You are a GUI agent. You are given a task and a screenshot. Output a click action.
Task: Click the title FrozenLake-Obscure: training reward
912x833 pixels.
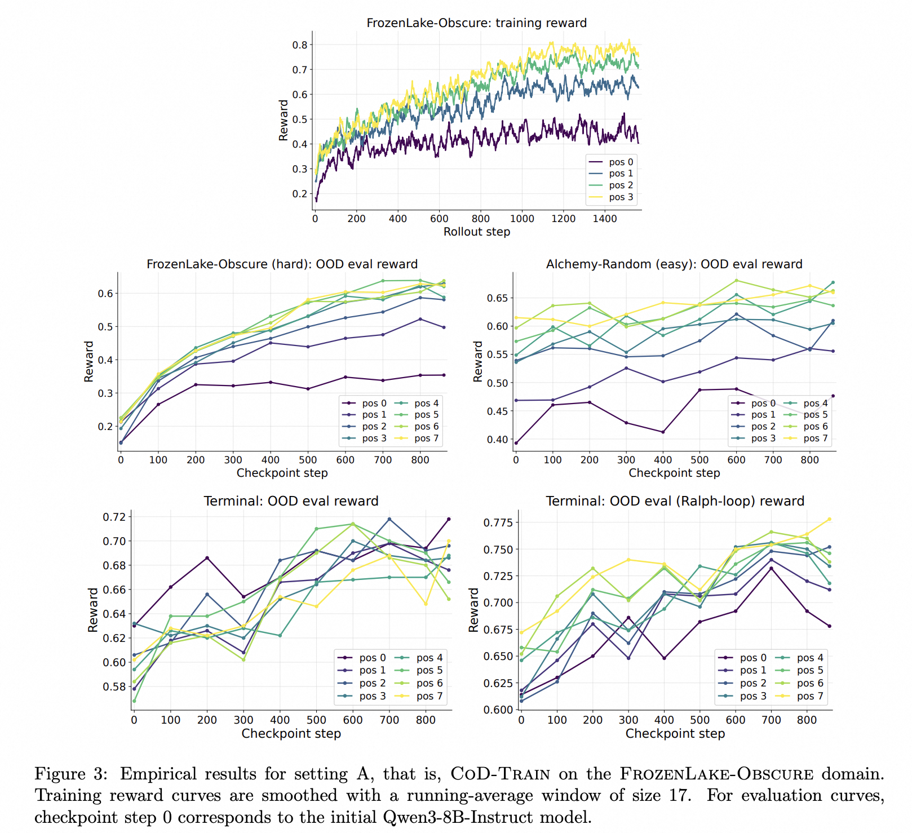pyautogui.click(x=476, y=23)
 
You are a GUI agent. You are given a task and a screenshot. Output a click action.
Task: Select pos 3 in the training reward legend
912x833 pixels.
pyautogui.click(x=621, y=197)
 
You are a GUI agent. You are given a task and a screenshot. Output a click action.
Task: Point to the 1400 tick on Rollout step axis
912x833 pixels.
pyautogui.click(x=605, y=219)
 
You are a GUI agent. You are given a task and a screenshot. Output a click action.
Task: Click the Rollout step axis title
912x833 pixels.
pyautogui.click(x=477, y=232)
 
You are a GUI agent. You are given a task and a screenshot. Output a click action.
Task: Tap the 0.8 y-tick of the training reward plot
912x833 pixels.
pyautogui.click(x=299, y=45)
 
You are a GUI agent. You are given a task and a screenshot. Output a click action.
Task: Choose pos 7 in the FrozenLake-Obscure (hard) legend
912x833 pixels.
pyautogui.click(x=427, y=438)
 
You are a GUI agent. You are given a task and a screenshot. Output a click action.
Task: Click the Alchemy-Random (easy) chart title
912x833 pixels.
pyautogui.click(x=674, y=264)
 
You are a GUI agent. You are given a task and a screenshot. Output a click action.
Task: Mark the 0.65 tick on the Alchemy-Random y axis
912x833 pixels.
pyautogui.click(x=498, y=298)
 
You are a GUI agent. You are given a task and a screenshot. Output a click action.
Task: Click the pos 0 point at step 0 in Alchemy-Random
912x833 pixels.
pyautogui.click(x=516, y=443)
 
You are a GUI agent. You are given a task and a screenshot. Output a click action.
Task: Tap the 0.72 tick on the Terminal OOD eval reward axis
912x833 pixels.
pyautogui.click(x=114, y=517)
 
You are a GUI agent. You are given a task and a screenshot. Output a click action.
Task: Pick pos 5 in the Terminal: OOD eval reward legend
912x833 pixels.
pyautogui.click(x=430, y=671)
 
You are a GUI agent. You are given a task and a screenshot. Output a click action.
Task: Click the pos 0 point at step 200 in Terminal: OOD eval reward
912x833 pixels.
pyautogui.click(x=207, y=558)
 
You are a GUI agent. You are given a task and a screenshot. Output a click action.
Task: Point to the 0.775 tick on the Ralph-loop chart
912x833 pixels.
pyautogui.click(x=498, y=522)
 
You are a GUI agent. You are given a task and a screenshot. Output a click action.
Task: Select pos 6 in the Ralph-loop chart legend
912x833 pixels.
pyautogui.click(x=810, y=683)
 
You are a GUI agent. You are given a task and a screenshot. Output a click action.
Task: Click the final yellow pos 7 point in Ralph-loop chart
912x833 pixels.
pyautogui.click(x=829, y=519)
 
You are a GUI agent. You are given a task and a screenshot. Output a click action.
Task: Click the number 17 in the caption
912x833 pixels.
pyautogui.click(x=680, y=795)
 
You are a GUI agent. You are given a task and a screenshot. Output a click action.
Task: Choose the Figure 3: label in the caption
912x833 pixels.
pyautogui.click(x=70, y=774)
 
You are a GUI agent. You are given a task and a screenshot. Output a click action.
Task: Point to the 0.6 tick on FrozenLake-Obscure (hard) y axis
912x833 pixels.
pyautogui.click(x=105, y=294)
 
